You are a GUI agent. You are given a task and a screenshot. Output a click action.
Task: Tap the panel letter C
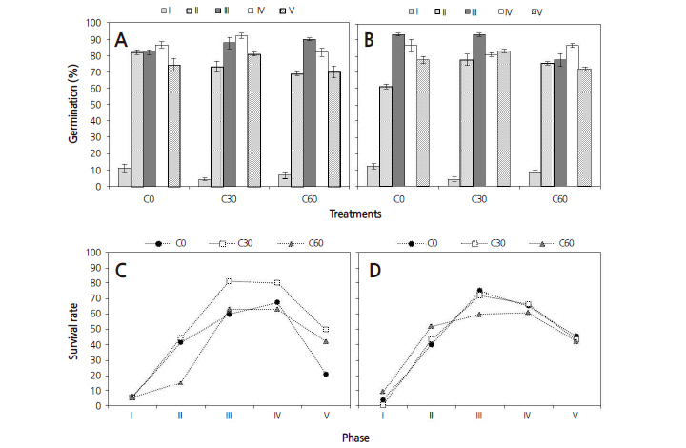click(120, 271)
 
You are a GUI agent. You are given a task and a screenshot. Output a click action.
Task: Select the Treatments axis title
click(354, 214)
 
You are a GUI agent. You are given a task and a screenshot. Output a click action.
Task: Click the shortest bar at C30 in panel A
click(203, 182)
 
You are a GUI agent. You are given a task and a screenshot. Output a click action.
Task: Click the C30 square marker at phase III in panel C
click(230, 281)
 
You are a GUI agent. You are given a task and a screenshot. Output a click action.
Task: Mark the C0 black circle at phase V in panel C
click(327, 374)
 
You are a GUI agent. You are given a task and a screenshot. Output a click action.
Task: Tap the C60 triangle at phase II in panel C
click(180, 382)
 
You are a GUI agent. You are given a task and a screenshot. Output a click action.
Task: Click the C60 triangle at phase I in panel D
click(382, 392)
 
